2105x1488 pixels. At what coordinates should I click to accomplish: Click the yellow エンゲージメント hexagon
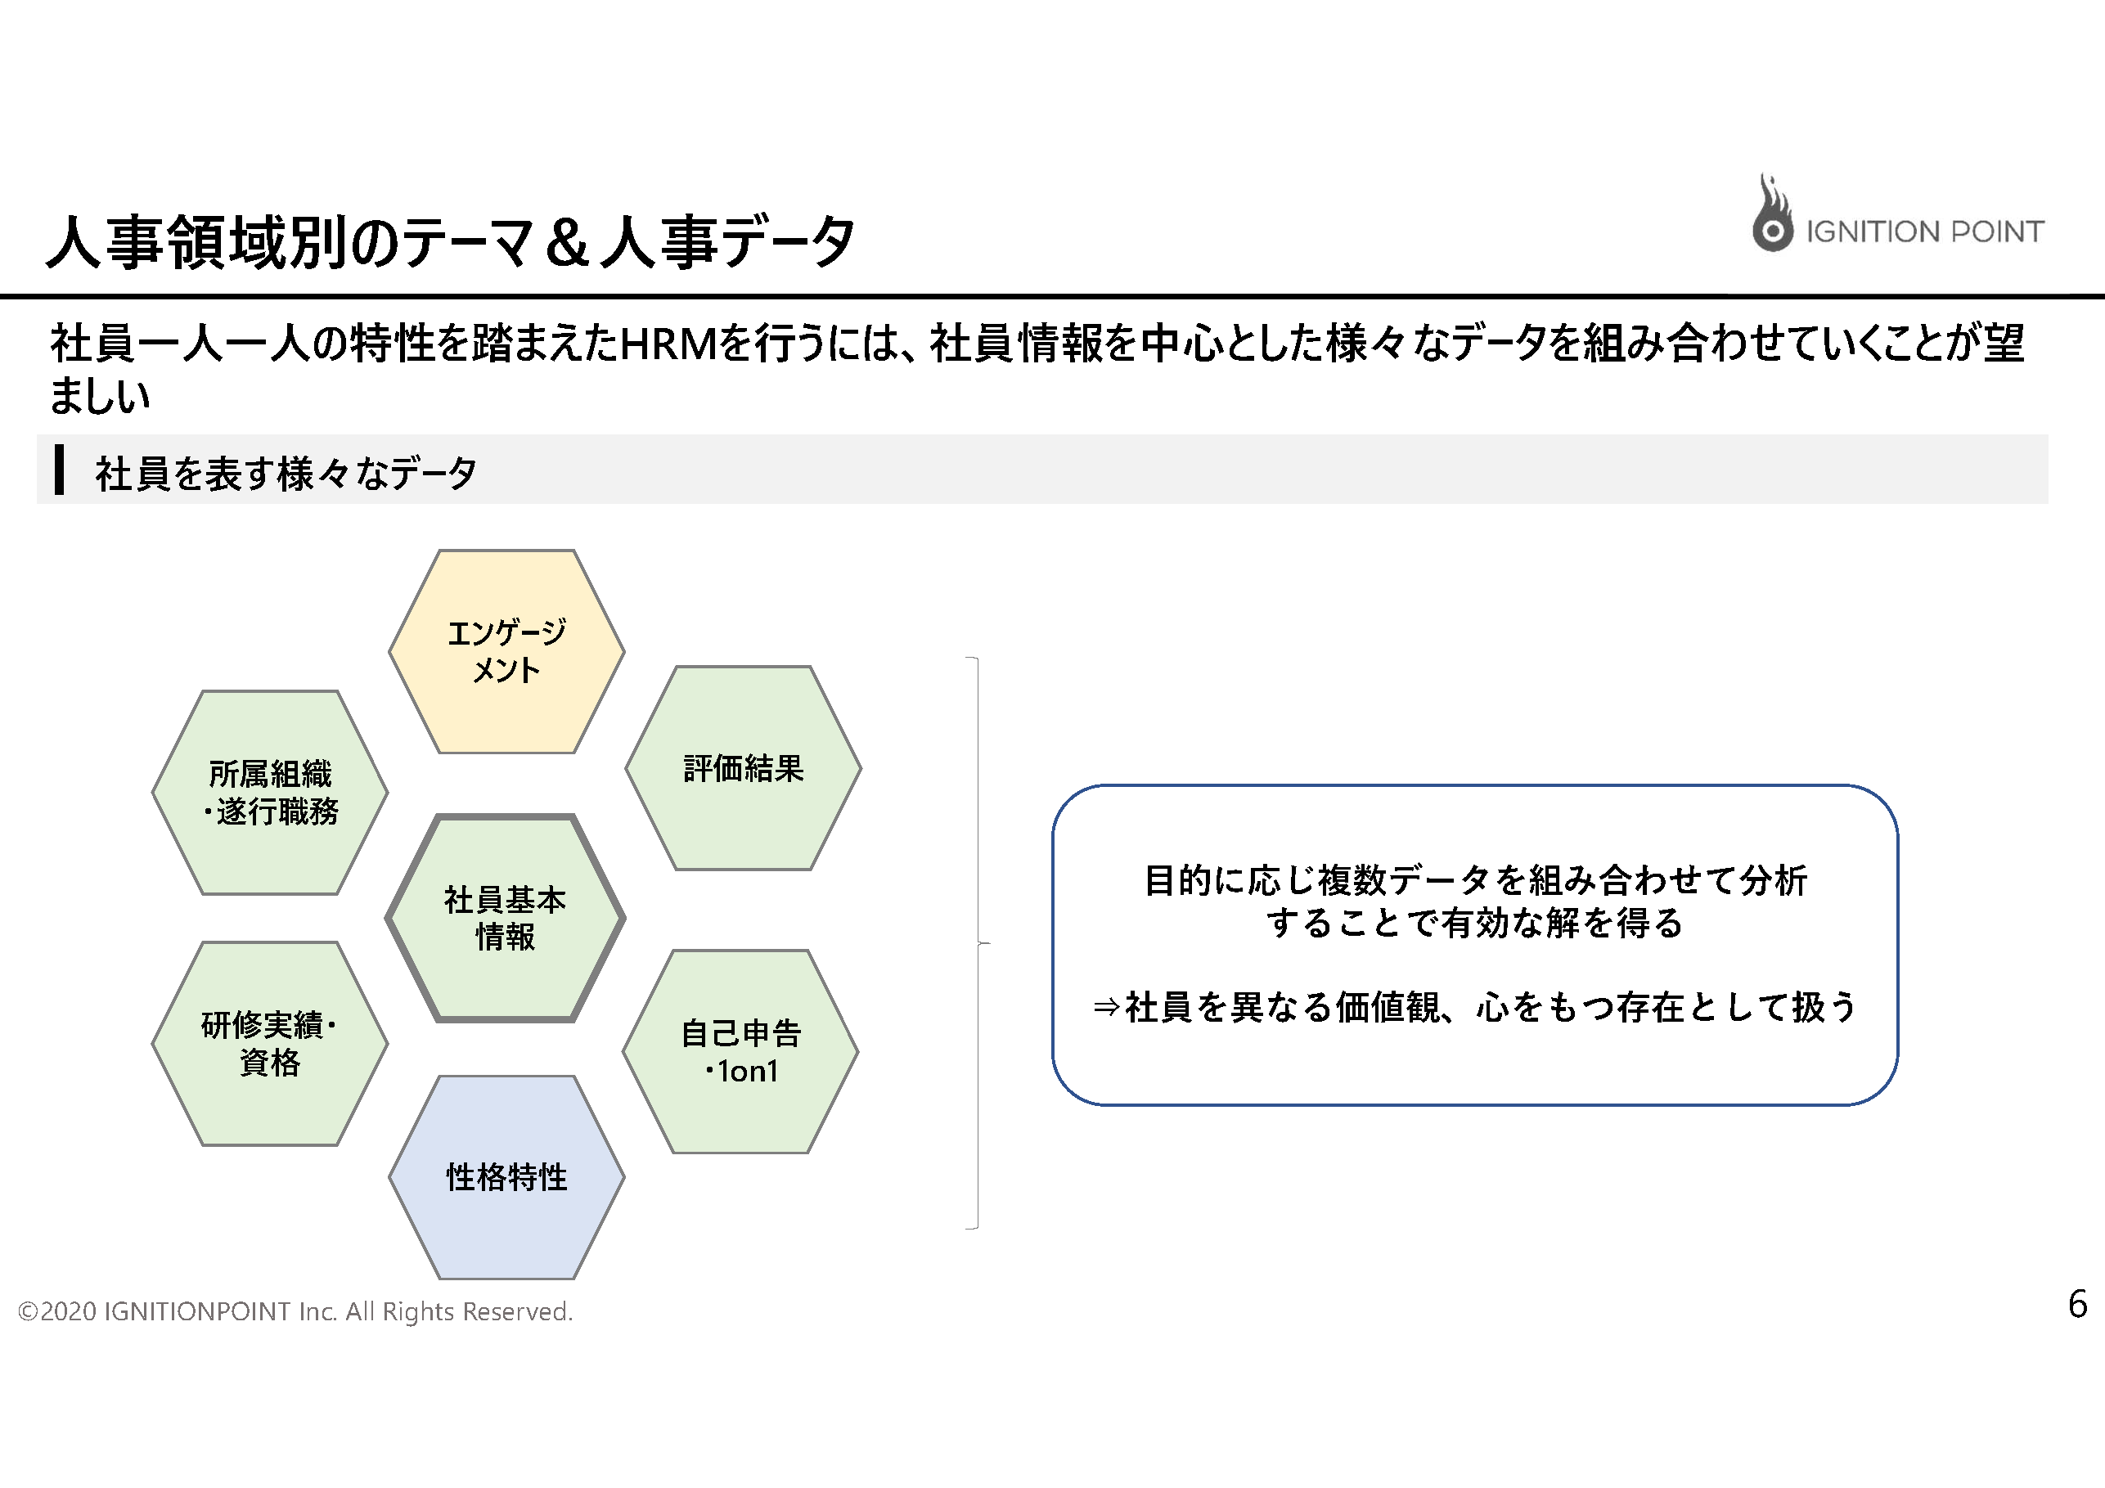(507, 651)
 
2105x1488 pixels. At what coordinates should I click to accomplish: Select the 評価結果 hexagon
(744, 767)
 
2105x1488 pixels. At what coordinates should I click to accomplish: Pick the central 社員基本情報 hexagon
(505, 918)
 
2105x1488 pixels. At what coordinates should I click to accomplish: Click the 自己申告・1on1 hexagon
(740, 1052)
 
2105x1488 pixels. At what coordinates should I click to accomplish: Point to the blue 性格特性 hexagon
(507, 1177)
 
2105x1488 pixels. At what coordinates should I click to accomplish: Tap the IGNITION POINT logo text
(1924, 232)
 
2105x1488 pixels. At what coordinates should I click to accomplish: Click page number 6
(2077, 1304)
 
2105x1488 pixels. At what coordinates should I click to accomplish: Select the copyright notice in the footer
(295, 1312)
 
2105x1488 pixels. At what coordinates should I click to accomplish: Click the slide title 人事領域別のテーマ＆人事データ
(451, 242)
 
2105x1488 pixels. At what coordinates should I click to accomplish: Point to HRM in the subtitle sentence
(668, 344)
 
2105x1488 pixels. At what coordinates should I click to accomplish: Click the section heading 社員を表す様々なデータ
(286, 473)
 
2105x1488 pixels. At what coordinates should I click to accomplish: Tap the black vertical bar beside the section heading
(60, 470)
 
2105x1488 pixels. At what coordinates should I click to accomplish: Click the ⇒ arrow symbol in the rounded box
(1107, 1008)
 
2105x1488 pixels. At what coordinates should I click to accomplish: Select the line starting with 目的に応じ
(1476, 880)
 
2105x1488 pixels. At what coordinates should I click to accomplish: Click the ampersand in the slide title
(568, 243)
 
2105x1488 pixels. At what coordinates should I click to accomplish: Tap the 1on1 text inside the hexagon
(748, 1071)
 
